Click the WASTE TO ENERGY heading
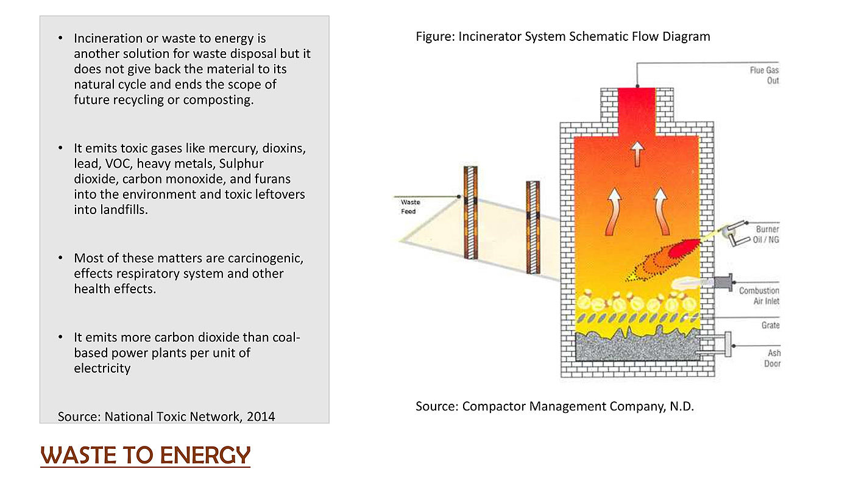(145, 455)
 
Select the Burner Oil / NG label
(766, 235)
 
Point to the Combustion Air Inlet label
(759, 296)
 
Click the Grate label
(770, 325)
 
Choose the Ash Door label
(773, 358)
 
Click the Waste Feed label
(409, 207)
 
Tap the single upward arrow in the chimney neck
(637, 153)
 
